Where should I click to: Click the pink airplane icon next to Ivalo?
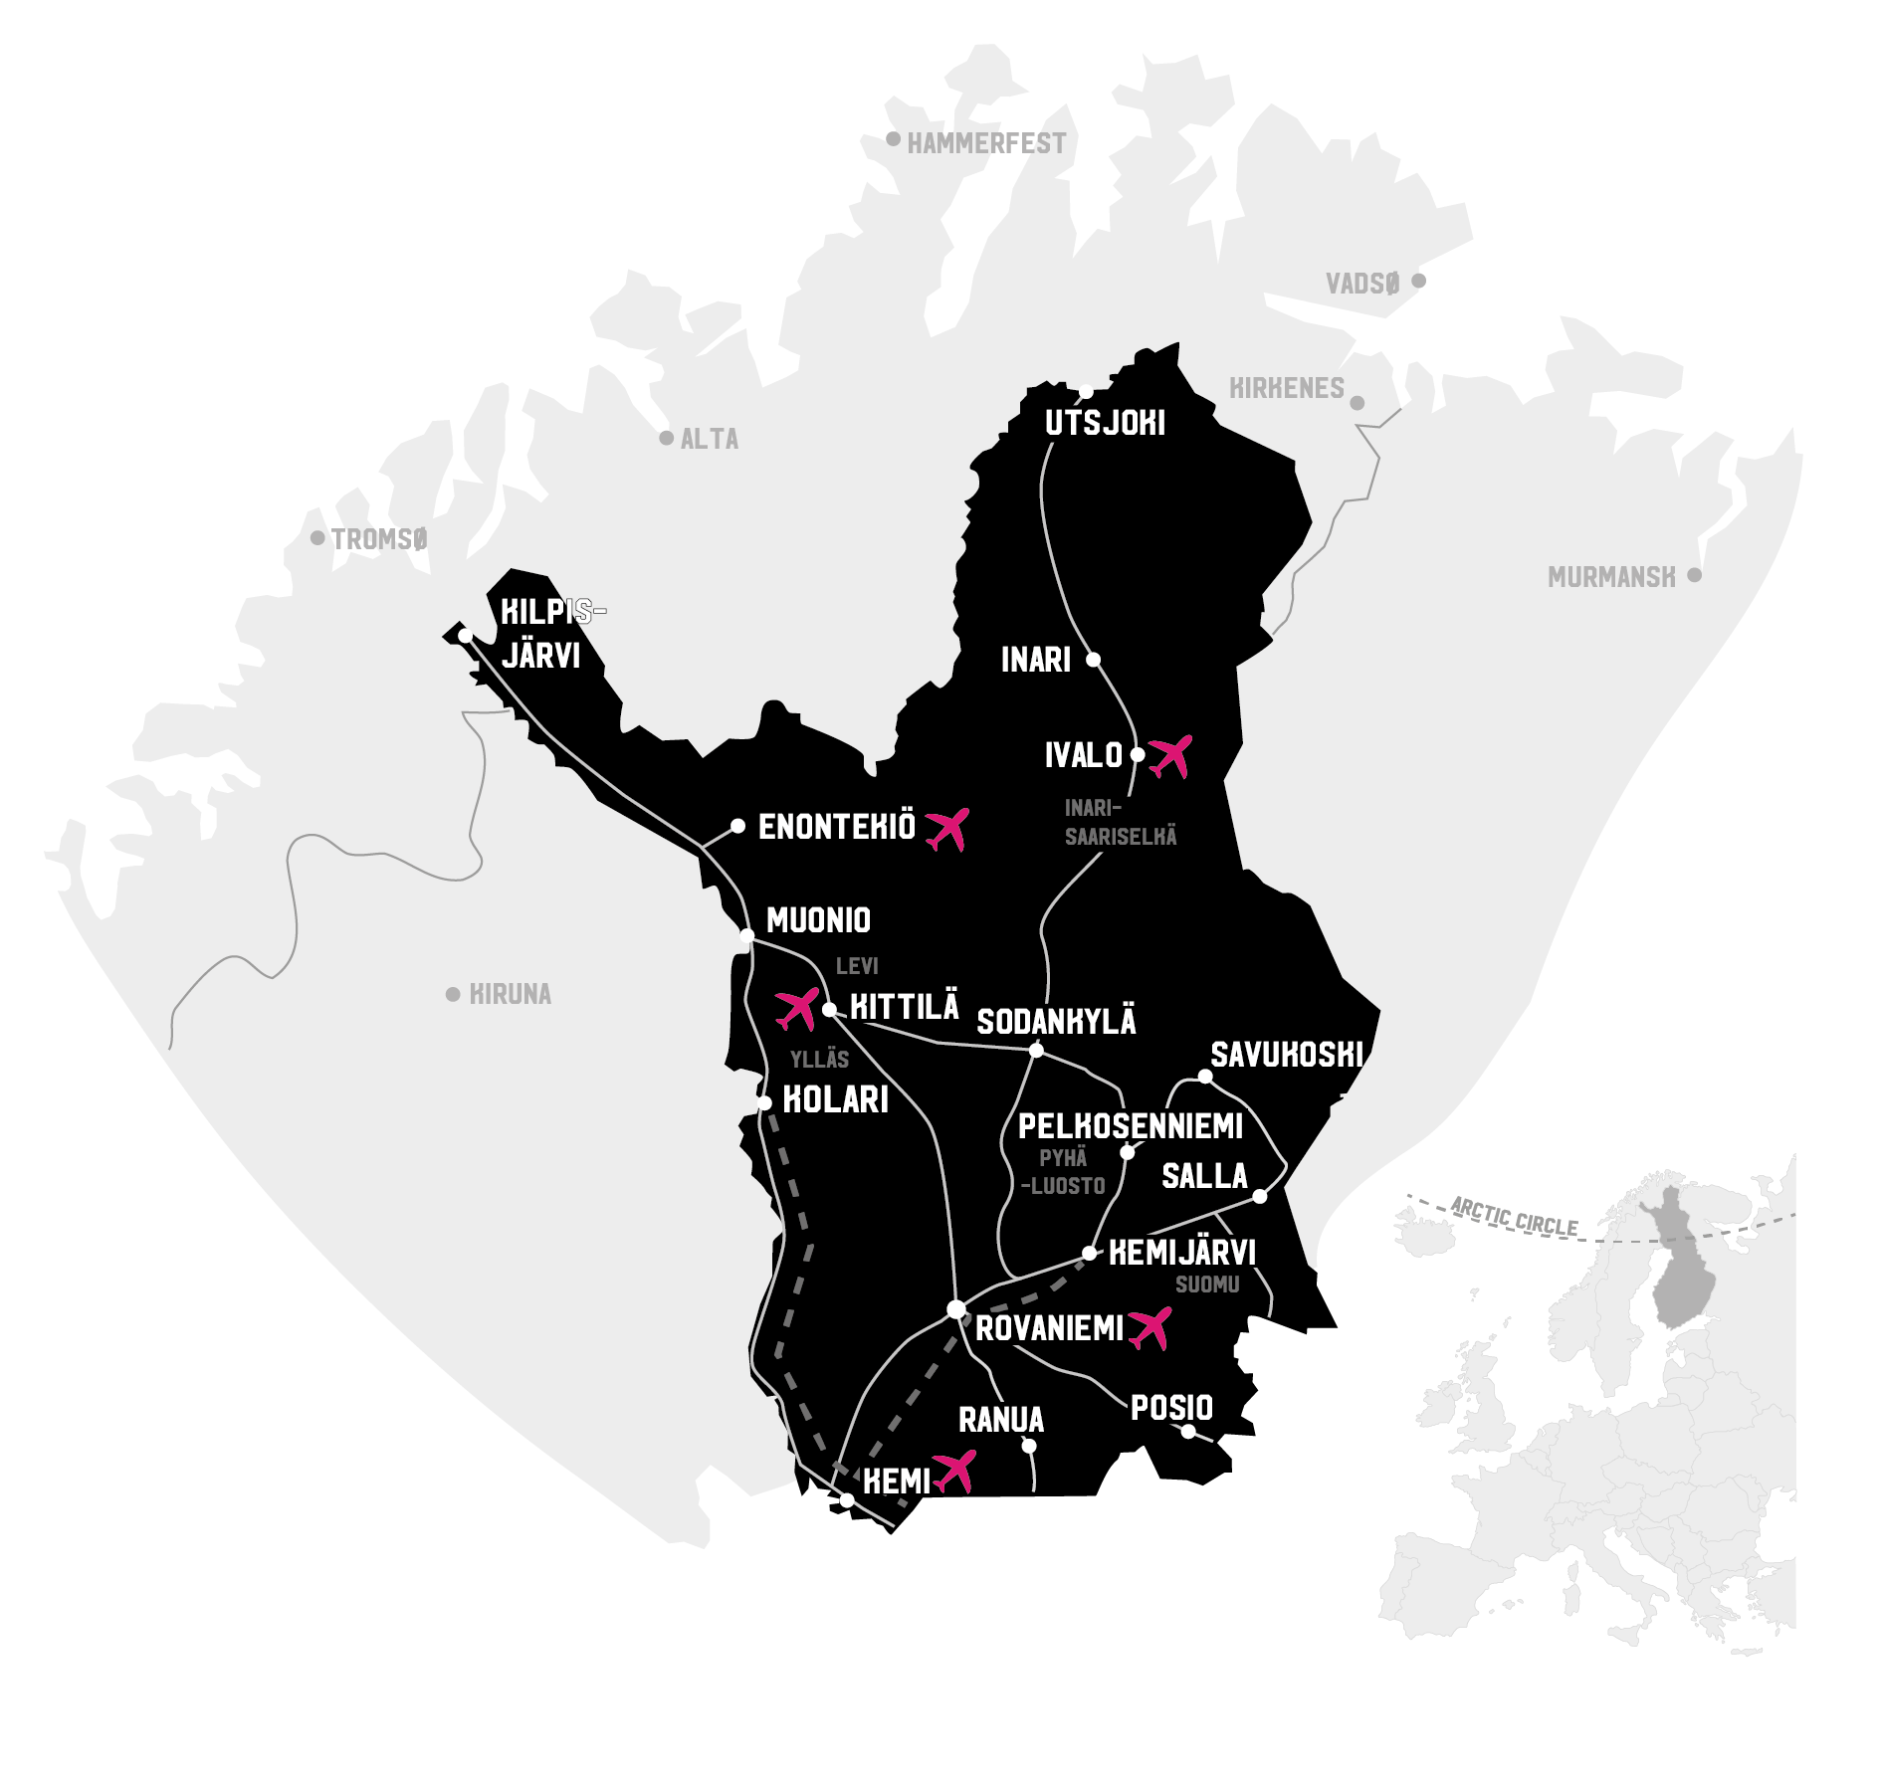tap(1170, 756)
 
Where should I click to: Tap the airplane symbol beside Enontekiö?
tap(946, 829)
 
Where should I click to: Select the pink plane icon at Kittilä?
tap(797, 1009)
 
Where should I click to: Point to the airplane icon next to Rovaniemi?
tap(1150, 1327)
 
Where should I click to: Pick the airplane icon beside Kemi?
tap(955, 1471)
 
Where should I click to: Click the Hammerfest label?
tap(985, 144)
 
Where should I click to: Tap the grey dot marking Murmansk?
tap(1694, 575)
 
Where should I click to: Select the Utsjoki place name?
tap(1105, 424)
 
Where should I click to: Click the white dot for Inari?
tap(1093, 660)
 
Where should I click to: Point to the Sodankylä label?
tap(1056, 1022)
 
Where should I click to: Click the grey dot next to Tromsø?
tap(317, 538)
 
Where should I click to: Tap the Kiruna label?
tap(510, 994)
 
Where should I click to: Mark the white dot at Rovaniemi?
tap(956, 1309)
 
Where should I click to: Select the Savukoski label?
tap(1286, 1055)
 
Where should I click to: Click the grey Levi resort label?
tap(857, 966)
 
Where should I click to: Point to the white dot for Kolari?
tap(764, 1102)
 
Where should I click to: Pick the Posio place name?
tap(1171, 1408)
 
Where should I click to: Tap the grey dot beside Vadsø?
tap(1418, 281)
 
